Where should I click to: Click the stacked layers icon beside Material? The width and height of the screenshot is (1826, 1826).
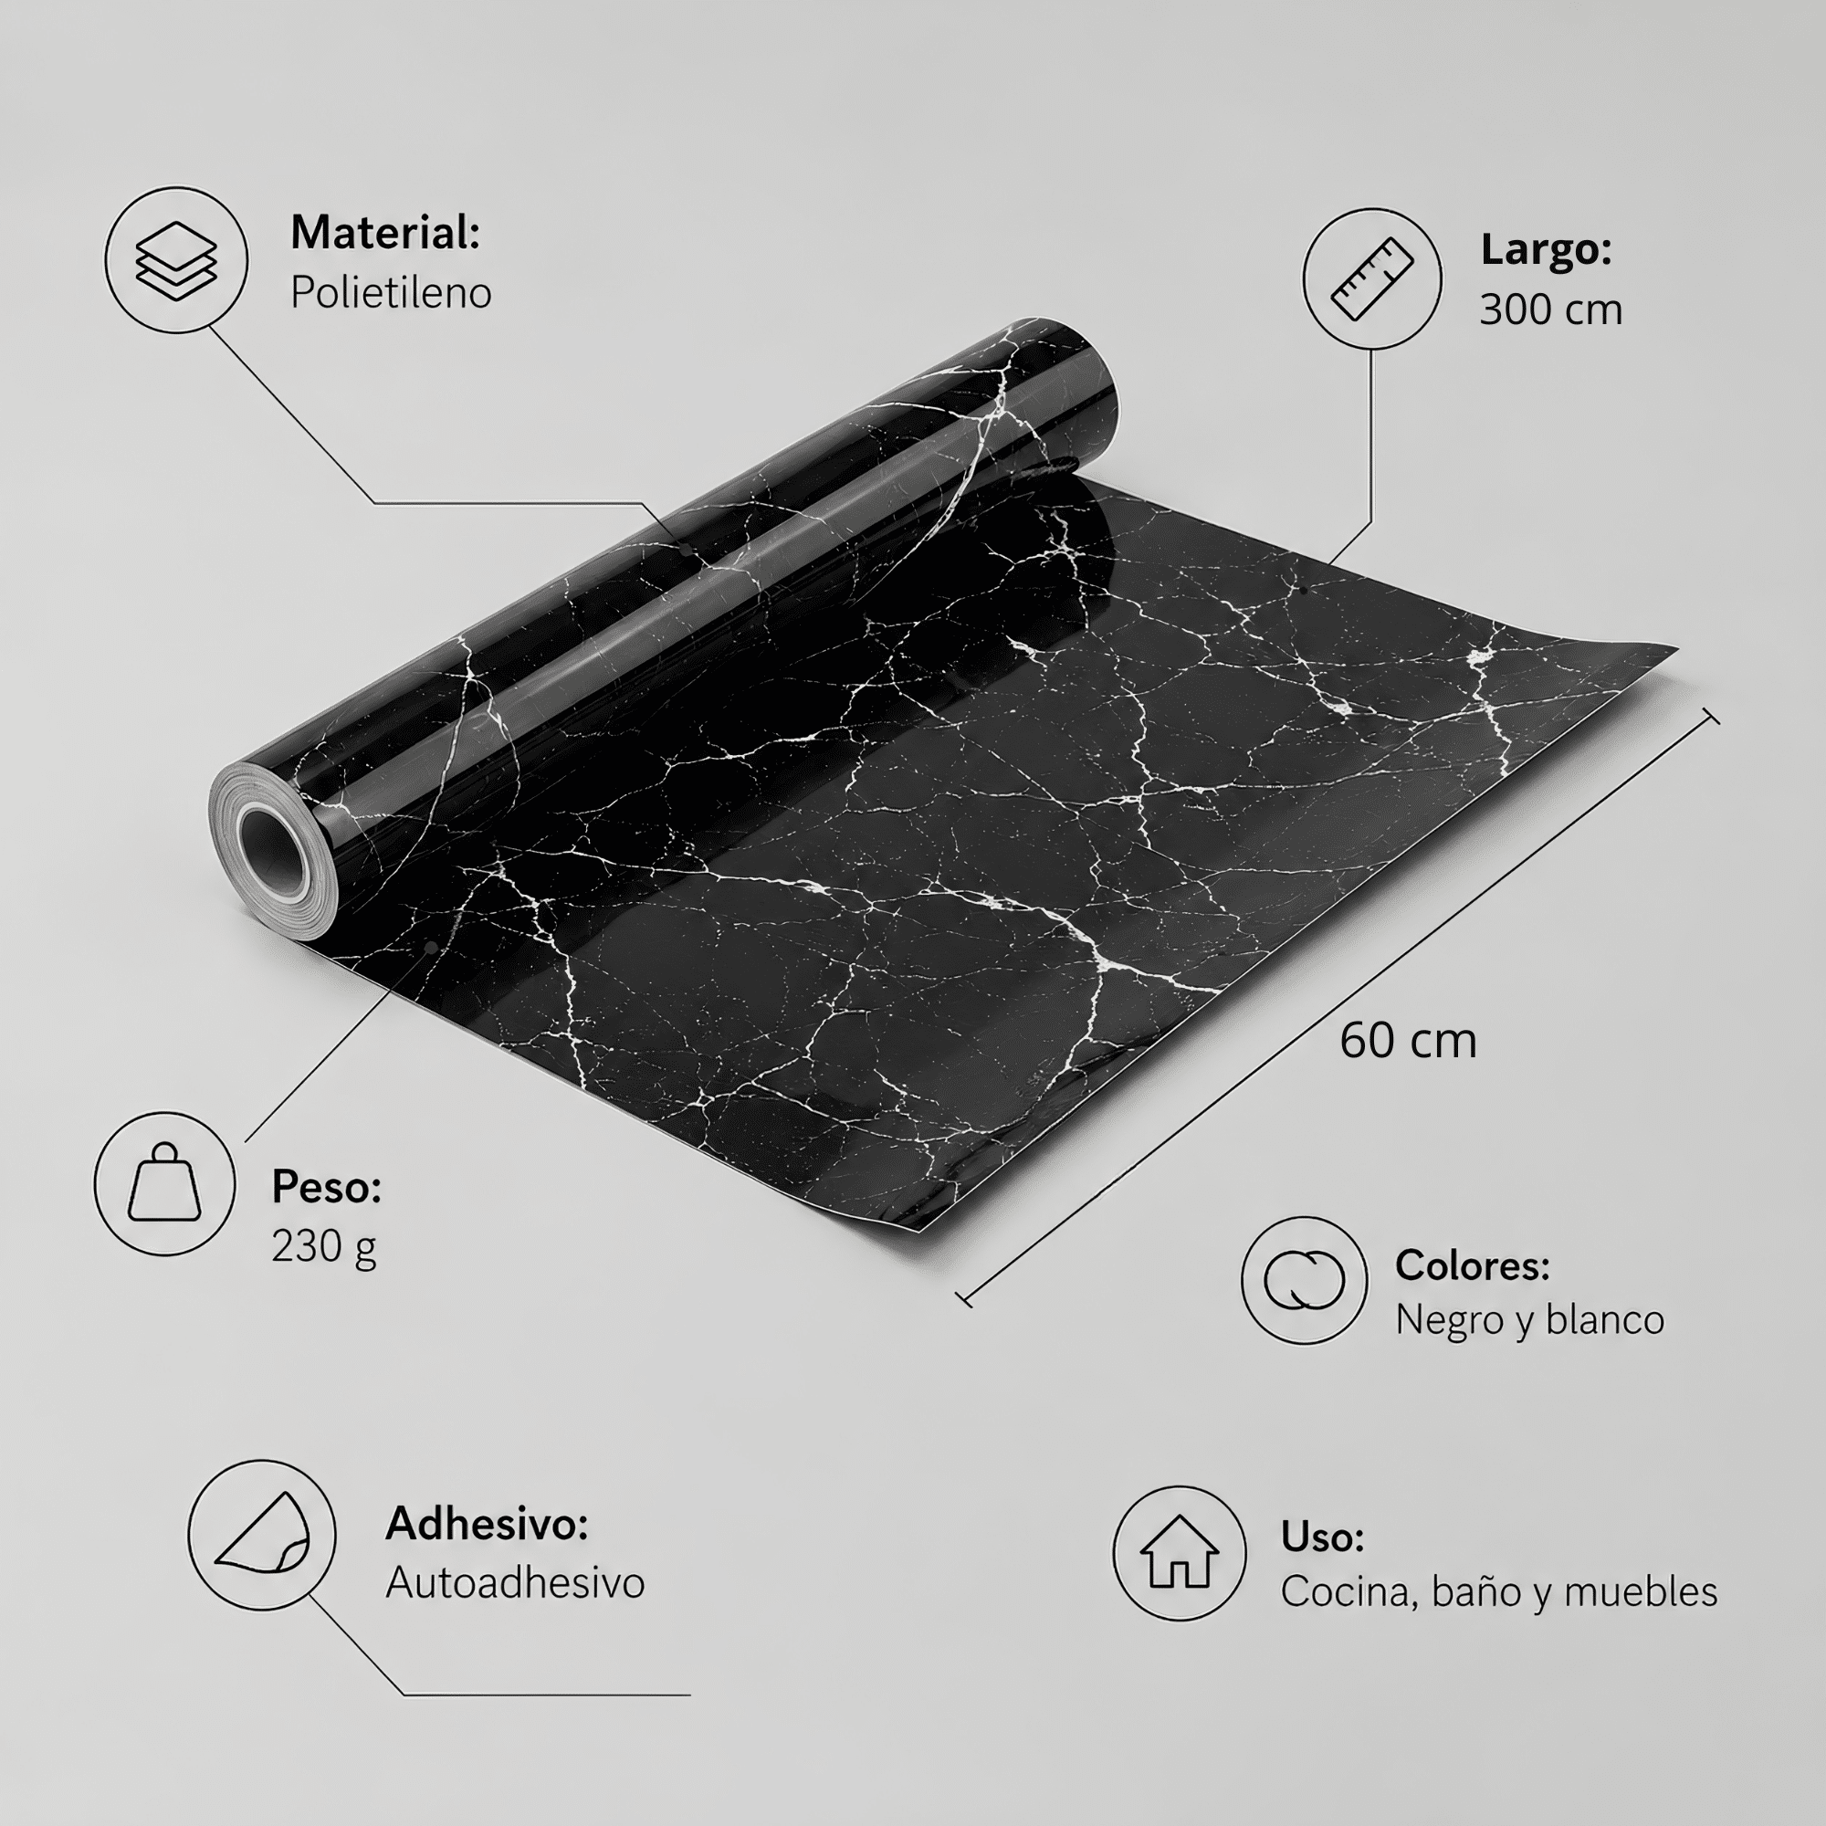tap(176, 261)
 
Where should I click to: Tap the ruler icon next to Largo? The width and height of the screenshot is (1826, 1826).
tap(1371, 279)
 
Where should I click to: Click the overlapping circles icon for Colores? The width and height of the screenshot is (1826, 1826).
tap(1305, 1280)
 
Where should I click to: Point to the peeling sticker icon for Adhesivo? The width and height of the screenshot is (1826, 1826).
tap(262, 1533)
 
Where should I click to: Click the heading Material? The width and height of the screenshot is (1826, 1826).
tap(384, 233)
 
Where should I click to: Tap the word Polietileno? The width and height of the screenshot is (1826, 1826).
tap(391, 293)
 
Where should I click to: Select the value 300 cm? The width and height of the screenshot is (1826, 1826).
tap(1551, 310)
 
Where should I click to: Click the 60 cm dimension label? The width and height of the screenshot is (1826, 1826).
tap(1407, 1041)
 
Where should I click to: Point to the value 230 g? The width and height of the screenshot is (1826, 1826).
tap(324, 1246)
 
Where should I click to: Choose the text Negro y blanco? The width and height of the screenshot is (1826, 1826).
tap(1529, 1320)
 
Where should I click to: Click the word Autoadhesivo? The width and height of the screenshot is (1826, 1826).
tap(515, 1583)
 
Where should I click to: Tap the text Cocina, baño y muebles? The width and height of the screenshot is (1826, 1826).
tap(1499, 1592)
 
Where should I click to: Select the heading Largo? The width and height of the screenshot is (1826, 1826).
tap(1547, 249)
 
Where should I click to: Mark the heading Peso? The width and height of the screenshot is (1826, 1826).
tap(326, 1187)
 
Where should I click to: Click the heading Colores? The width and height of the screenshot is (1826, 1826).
tap(1473, 1265)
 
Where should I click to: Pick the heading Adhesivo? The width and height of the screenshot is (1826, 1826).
tap(487, 1524)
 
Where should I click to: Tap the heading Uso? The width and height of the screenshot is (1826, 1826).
tap(1322, 1537)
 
